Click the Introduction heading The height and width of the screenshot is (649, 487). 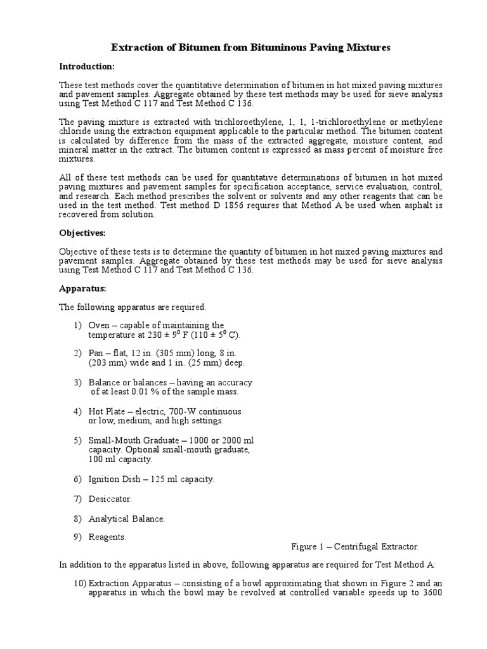click(x=87, y=66)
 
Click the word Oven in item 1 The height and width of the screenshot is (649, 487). click(x=98, y=325)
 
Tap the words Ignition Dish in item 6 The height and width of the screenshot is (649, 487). click(x=114, y=479)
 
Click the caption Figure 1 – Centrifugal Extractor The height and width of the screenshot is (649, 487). click(x=355, y=546)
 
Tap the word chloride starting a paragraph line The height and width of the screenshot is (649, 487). click(x=74, y=131)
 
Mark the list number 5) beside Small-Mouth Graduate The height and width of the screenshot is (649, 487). click(x=77, y=440)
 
